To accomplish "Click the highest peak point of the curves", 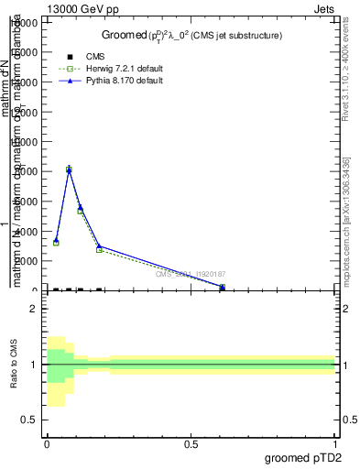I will coord(69,169).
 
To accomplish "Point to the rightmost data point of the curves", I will coord(223,287).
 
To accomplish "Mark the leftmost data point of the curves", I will coord(56,242).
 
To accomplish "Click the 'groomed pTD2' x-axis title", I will coord(302,457).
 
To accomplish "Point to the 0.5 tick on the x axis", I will coord(191,443).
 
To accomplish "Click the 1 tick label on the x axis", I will coord(334,443).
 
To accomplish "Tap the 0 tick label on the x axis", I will coord(47,443).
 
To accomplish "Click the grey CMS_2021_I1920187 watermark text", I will coord(191,274).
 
